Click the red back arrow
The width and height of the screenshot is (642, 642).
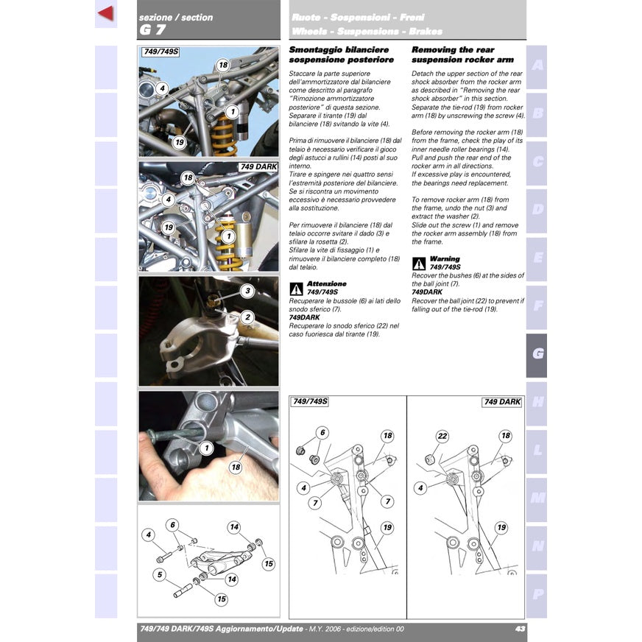pyautogui.click(x=105, y=13)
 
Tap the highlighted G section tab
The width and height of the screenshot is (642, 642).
pyautogui.click(x=537, y=354)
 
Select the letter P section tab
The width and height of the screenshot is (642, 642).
pyautogui.click(x=537, y=594)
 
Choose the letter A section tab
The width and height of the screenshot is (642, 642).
pyautogui.click(x=537, y=65)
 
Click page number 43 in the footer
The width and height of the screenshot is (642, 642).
pyautogui.click(x=520, y=629)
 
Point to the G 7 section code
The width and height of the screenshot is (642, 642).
pyautogui.click(x=152, y=30)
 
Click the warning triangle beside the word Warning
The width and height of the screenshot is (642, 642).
pyautogui.click(x=418, y=264)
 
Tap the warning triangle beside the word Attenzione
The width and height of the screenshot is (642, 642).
pyautogui.click(x=296, y=289)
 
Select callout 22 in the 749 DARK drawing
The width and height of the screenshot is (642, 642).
pyautogui.click(x=442, y=436)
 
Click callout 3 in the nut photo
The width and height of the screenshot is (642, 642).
pyautogui.click(x=248, y=291)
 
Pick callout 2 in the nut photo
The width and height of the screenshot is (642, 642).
pyautogui.click(x=248, y=317)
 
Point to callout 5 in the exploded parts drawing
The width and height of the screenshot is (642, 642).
pyautogui.click(x=160, y=574)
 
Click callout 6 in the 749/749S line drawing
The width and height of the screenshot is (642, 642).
pyautogui.click(x=322, y=433)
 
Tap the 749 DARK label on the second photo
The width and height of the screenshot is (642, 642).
pyautogui.click(x=258, y=167)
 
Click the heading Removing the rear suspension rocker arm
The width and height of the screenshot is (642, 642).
pyautogui.click(x=462, y=54)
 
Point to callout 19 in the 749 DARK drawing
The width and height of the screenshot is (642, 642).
pyautogui.click(x=501, y=528)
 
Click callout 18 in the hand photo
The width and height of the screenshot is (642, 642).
pyautogui.click(x=236, y=467)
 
